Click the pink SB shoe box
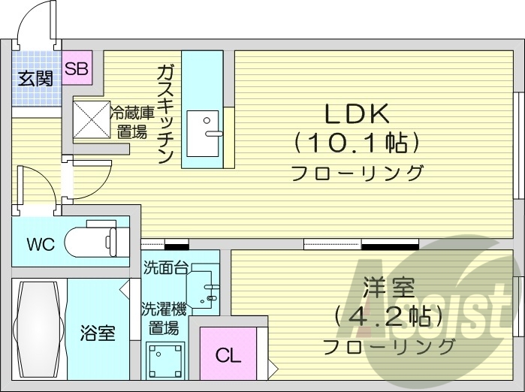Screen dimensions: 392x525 [x=77, y=69]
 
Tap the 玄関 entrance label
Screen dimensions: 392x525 [x=35, y=77]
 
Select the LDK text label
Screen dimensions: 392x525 [x=356, y=114]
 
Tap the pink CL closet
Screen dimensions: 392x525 [x=228, y=355]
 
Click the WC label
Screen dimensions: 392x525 [x=41, y=245]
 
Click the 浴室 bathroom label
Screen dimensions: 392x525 [x=98, y=333]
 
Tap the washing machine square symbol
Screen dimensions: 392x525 [x=165, y=362]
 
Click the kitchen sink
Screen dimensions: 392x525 [x=202, y=133]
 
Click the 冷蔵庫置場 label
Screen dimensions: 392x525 [x=134, y=122]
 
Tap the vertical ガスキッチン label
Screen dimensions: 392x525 [x=165, y=113]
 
